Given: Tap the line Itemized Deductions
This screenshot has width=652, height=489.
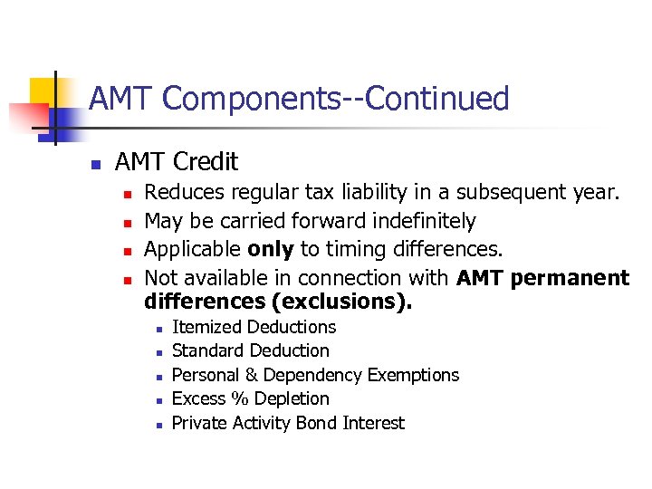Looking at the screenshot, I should coord(254,327).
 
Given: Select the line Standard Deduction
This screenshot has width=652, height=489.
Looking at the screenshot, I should coord(250,350).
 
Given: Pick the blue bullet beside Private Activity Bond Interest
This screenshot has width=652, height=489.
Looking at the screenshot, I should coord(158,425).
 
